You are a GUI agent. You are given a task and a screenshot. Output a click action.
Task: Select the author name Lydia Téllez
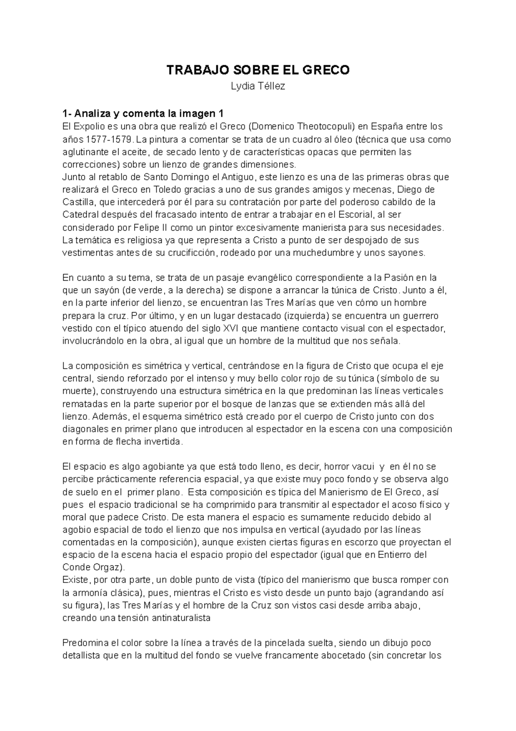258,86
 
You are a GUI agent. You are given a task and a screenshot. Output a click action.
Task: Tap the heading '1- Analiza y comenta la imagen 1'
143,114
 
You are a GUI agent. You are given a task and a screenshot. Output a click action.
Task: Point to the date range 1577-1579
108,139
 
